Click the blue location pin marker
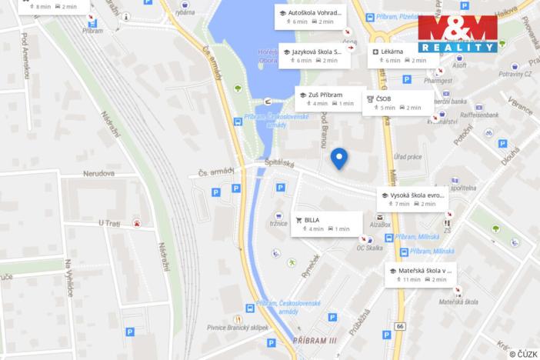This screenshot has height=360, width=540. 338,158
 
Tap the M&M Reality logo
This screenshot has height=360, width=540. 457,33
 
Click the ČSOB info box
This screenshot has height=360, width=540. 394,103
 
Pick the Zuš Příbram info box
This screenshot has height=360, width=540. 330,98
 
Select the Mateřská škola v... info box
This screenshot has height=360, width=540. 421,275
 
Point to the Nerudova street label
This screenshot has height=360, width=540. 99,173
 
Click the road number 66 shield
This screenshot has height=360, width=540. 399,327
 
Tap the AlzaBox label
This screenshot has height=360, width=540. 380,225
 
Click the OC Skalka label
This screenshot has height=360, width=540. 370,248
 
